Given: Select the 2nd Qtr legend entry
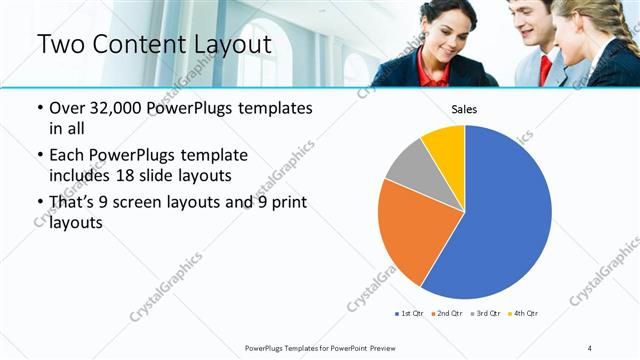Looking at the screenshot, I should [x=445, y=314].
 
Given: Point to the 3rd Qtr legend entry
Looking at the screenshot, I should [x=485, y=314].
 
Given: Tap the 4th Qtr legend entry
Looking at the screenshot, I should [x=523, y=314].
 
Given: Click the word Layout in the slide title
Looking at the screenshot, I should [x=226, y=45].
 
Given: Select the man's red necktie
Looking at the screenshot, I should [x=545, y=68].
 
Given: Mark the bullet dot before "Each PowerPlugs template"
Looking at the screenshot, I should [x=39, y=156].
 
